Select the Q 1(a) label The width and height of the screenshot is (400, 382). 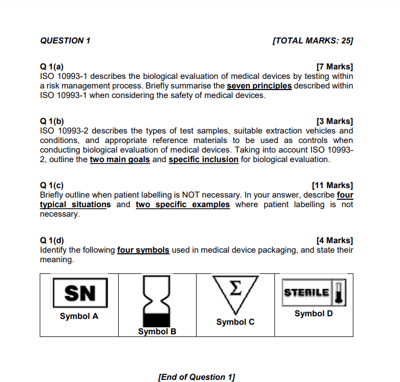pyautogui.click(x=52, y=67)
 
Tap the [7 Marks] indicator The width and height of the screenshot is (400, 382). pyautogui.click(x=334, y=67)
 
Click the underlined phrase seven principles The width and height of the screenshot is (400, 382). pyautogui.click(x=259, y=86)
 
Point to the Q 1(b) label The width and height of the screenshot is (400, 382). pyautogui.click(x=52, y=121)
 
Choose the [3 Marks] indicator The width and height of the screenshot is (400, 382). pyautogui.click(x=334, y=121)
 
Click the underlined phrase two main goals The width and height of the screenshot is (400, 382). pyautogui.click(x=120, y=159)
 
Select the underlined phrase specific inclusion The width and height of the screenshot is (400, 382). pyautogui.click(x=203, y=159)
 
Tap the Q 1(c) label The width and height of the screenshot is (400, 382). pyautogui.click(x=52, y=185)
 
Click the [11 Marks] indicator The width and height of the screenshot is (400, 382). pyautogui.click(x=332, y=185)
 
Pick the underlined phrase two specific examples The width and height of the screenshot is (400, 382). pyautogui.click(x=183, y=205)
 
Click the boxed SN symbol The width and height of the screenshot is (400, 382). pyautogui.click(x=79, y=292)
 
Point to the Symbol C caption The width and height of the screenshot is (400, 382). pyautogui.click(x=235, y=322)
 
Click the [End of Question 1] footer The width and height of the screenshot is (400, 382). pyautogui.click(x=197, y=377)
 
